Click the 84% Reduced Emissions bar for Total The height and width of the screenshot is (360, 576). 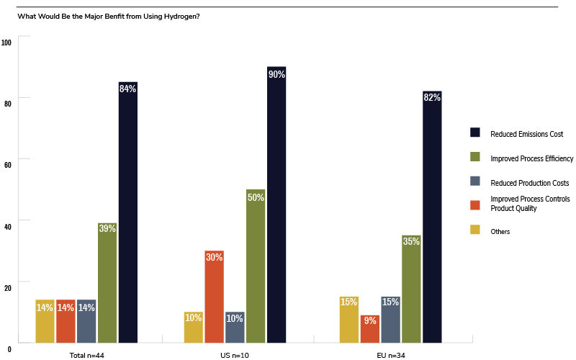(128, 212)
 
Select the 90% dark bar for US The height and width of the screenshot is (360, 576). (276, 204)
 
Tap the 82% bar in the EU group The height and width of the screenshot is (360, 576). (432, 217)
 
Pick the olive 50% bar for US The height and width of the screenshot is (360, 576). (256, 266)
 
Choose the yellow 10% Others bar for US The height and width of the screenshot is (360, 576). (193, 327)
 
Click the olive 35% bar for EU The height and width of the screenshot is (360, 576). (411, 289)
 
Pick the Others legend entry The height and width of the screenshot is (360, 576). (500, 231)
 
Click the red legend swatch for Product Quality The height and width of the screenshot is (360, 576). (475, 204)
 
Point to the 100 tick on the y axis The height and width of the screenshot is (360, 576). (7, 43)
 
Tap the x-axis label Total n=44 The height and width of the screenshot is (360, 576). (86, 354)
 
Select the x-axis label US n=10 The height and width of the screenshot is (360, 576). (235, 354)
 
